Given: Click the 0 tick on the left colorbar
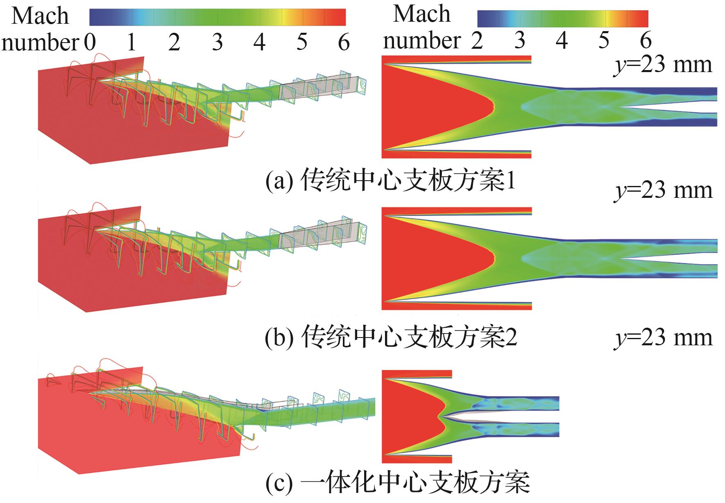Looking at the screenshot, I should point(90,43).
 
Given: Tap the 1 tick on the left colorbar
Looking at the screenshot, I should point(131,43).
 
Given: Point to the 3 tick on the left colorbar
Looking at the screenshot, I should point(217,43).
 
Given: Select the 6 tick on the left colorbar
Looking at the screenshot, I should point(344,43).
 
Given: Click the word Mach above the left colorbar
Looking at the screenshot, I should point(40,16).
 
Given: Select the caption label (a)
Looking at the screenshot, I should point(279,181).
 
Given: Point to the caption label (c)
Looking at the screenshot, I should point(279,483).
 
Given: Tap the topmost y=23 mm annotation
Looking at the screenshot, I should point(663,65).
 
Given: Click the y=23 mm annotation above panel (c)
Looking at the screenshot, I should point(663,338).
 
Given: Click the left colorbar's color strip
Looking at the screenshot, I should point(217,17).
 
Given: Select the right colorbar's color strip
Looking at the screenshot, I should point(563,18).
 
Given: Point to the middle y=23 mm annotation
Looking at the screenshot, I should point(663,190).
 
